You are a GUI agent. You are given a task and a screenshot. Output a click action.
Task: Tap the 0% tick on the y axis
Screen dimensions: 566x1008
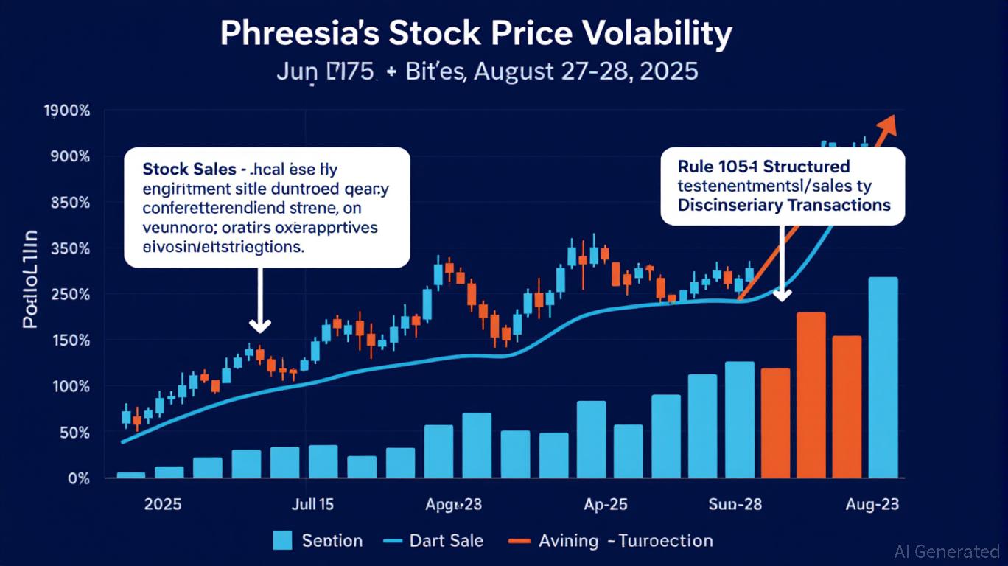click(x=78, y=478)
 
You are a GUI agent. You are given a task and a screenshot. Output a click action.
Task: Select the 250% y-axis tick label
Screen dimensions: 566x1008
click(x=70, y=294)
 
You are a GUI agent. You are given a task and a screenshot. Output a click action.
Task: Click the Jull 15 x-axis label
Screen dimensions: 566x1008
click(x=312, y=505)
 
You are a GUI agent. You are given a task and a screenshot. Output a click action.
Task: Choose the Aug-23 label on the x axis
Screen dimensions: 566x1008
click(x=871, y=505)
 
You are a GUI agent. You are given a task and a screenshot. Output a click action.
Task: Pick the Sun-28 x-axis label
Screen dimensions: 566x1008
click(x=735, y=505)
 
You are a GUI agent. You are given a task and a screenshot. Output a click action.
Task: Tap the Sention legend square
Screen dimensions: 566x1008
click(x=282, y=540)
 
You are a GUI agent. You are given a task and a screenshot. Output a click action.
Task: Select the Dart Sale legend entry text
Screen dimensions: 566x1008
click(x=447, y=540)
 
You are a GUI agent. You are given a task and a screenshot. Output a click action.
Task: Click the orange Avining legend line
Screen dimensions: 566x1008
click(x=519, y=541)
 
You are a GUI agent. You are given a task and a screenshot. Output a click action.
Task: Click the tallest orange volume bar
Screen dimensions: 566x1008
click(x=811, y=395)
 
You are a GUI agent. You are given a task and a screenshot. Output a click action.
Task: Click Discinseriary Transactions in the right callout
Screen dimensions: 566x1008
click(x=784, y=204)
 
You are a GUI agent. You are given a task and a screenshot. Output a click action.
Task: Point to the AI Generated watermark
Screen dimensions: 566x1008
click(x=947, y=551)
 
